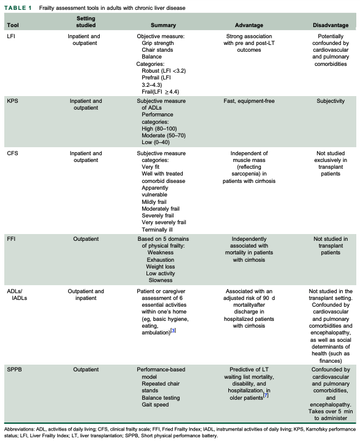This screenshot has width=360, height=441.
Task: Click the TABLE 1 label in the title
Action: coord(18,7)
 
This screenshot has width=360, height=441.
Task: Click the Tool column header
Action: coord(12,25)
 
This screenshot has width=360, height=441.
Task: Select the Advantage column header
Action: coord(249,25)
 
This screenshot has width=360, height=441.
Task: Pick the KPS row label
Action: coord(11,100)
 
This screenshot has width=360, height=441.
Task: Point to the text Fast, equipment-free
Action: coord(249,100)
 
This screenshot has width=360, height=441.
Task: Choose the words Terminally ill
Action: coord(161,229)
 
